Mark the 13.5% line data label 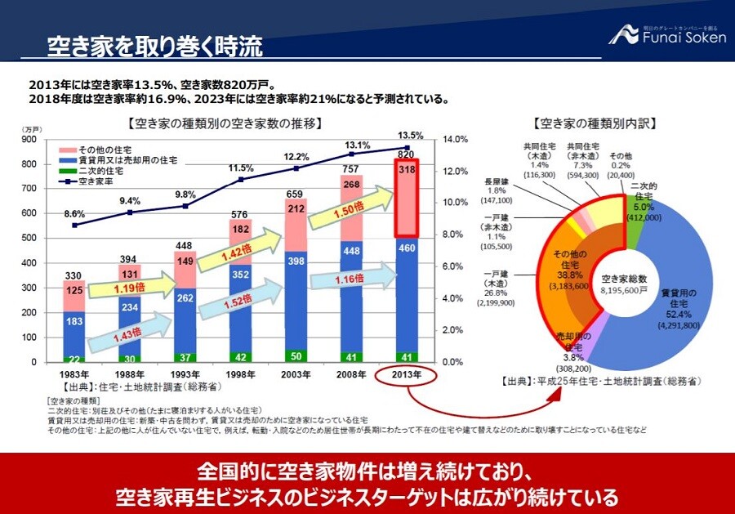pos(409,136)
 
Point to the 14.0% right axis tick pos(453,140)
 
